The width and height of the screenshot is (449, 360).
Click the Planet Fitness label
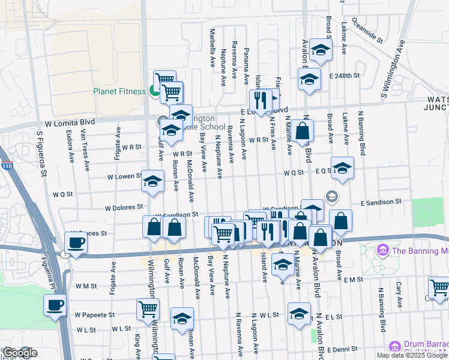(119, 91)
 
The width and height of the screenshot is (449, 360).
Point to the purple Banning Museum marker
(381, 248)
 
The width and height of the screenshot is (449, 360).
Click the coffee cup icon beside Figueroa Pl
(55, 305)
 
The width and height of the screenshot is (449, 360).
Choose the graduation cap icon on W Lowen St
(152, 181)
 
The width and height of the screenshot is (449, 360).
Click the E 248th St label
(344, 76)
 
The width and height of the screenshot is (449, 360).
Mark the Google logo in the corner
(20, 353)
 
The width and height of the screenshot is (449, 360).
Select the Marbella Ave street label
(212, 45)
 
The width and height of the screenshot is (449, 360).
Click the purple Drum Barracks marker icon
(394, 346)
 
